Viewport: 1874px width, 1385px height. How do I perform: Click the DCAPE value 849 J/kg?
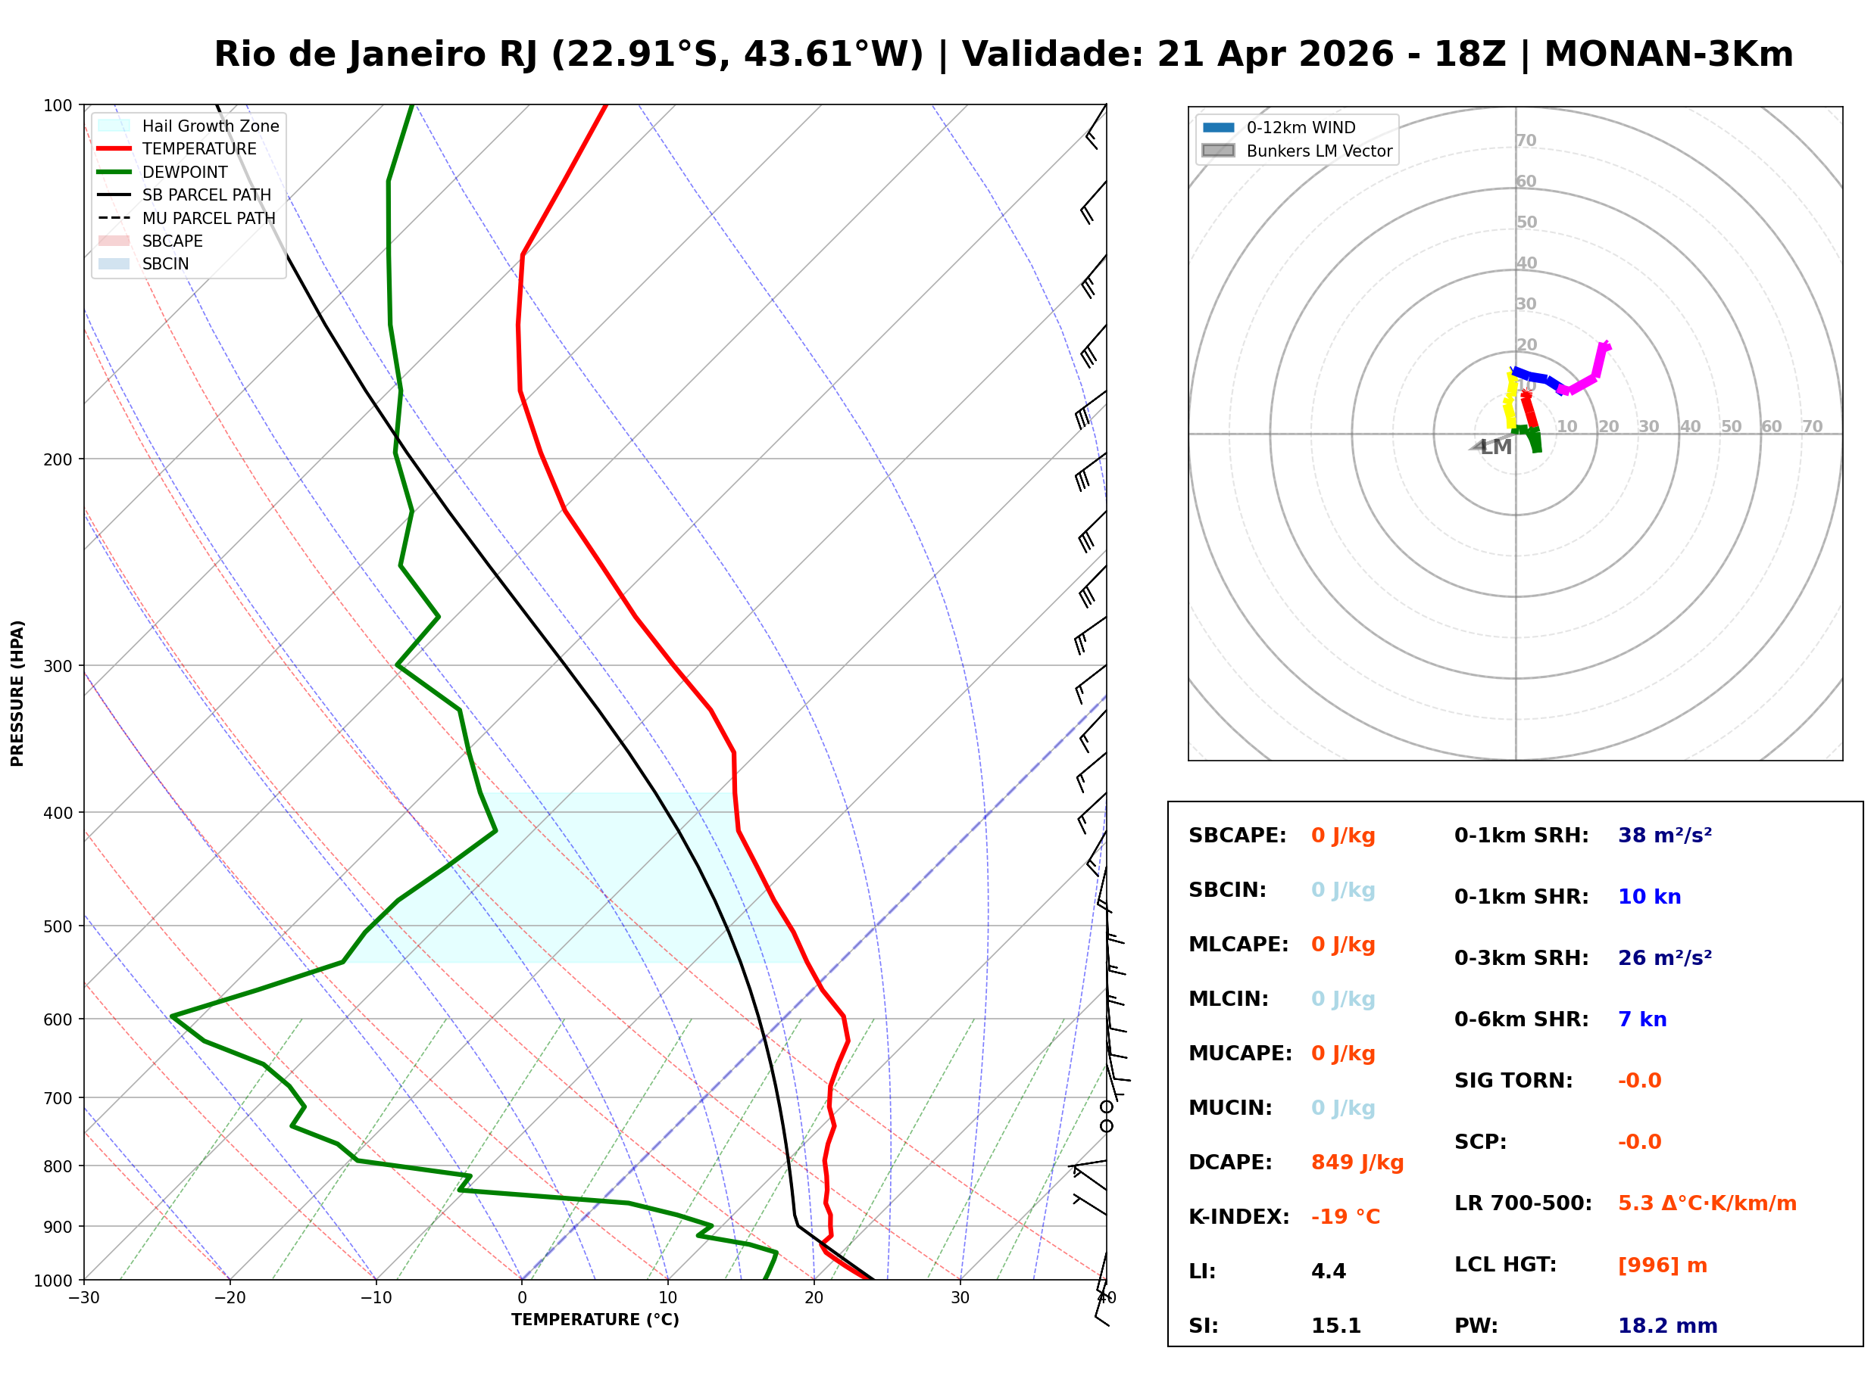pyautogui.click(x=1357, y=1162)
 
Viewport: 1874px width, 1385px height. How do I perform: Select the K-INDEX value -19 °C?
pyautogui.click(x=1345, y=1216)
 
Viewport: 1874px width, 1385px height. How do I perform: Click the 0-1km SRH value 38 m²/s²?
pyautogui.click(x=1664, y=835)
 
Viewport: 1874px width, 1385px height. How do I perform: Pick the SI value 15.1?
pyautogui.click(x=1335, y=1325)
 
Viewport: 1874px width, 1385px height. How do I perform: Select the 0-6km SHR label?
pyautogui.click(x=1521, y=1019)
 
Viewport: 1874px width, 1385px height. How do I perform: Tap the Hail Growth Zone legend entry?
pyautogui.click(x=210, y=126)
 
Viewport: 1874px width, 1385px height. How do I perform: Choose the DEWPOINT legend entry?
pyautogui.click(x=185, y=172)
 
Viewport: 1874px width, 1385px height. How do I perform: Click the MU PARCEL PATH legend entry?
pyautogui.click(x=208, y=218)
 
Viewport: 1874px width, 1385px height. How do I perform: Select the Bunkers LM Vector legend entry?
pyautogui.click(x=1319, y=151)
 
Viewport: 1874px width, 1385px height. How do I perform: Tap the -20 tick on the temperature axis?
pyautogui.click(x=230, y=1298)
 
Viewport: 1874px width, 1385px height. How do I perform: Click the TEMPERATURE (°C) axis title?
pyautogui.click(x=595, y=1320)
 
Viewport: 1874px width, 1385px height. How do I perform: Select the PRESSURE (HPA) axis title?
pyautogui.click(x=17, y=692)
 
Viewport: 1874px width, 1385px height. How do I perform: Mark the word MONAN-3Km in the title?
pyautogui.click(x=1668, y=54)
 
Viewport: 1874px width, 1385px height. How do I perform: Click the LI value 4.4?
pyautogui.click(x=1328, y=1271)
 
